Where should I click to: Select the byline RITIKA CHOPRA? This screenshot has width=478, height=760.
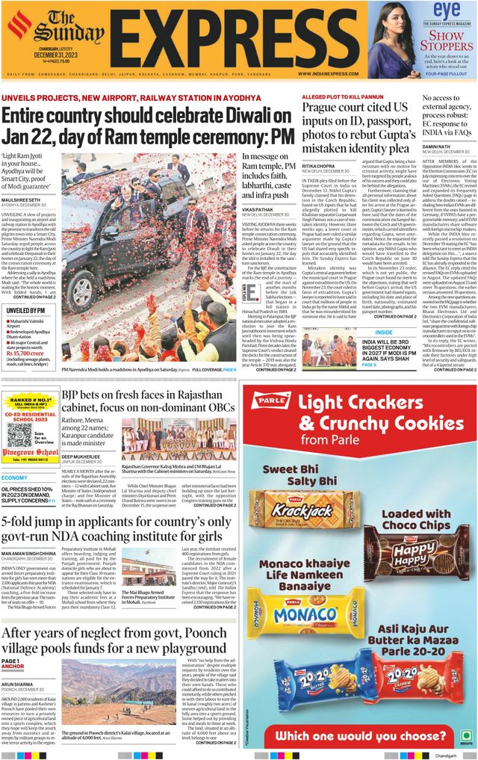318,166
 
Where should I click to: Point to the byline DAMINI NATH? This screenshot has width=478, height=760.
440,146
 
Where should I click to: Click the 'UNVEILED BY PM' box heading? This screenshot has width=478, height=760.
26,310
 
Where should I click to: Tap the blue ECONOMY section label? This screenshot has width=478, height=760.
14,478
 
